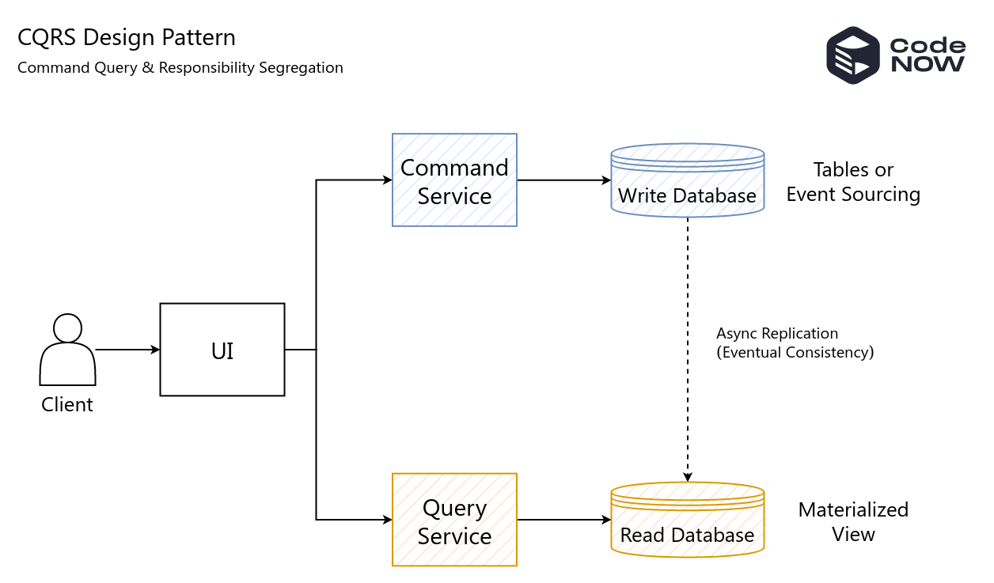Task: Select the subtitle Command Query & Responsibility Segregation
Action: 180,68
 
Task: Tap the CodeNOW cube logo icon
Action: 853,55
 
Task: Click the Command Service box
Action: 454,180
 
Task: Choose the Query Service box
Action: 454,520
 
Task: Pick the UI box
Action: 222,350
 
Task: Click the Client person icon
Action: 67,350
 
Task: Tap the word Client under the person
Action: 67,405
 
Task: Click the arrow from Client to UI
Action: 127,350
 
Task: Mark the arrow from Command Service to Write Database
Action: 563,180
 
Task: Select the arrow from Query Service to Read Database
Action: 563,520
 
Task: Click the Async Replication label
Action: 777,333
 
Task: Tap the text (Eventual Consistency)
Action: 795,353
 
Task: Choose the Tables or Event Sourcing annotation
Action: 853,182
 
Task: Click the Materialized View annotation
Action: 853,521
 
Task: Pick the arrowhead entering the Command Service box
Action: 388,180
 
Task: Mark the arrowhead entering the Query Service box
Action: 388,520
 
